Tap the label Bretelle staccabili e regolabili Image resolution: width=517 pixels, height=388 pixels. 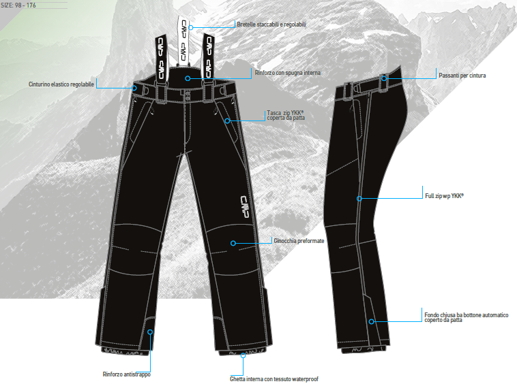tap(271, 25)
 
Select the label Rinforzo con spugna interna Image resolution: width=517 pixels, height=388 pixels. tap(287, 72)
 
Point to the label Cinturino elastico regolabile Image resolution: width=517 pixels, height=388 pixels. tap(61, 84)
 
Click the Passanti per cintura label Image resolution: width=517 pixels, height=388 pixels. tap(462, 76)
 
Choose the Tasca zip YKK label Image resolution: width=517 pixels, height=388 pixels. tap(286, 115)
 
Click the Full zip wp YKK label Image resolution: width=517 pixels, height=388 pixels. tap(444, 195)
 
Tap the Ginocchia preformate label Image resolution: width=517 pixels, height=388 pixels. tap(299, 241)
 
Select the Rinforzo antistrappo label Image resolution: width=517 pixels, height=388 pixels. tap(127, 374)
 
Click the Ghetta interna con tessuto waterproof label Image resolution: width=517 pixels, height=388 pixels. tap(274, 379)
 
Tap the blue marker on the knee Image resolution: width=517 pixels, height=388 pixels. tap(233, 242)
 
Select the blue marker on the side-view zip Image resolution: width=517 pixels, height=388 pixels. tap(359, 199)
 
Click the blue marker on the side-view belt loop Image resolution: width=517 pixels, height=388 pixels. tap(384, 78)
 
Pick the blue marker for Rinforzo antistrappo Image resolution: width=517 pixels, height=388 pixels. tap(150, 333)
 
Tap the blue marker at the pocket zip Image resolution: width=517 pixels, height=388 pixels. tap(226, 120)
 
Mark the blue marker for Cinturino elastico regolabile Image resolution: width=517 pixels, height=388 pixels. tap(135, 88)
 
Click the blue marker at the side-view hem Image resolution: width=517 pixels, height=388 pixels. tap(372, 321)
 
